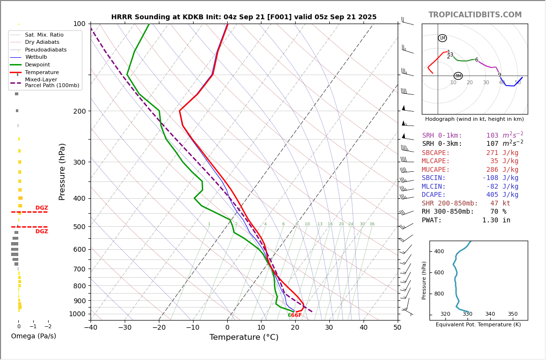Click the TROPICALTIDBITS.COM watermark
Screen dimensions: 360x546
click(x=475, y=15)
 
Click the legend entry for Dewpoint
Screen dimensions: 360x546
click(x=38, y=64)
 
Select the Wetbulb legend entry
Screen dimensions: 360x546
click(x=36, y=57)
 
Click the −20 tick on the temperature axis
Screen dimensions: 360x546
click(x=159, y=328)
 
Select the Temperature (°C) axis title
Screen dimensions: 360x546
click(x=244, y=337)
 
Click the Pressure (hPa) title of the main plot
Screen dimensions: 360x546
click(x=62, y=171)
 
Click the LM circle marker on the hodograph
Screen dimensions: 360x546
click(x=442, y=38)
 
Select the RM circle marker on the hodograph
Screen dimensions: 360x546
click(x=458, y=76)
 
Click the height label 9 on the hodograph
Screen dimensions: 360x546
click(x=499, y=75)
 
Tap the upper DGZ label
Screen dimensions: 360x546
click(x=41, y=208)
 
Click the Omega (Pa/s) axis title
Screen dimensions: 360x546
click(x=33, y=336)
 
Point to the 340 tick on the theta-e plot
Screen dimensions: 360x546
click(x=490, y=314)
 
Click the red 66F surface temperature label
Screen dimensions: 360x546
click(x=296, y=315)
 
